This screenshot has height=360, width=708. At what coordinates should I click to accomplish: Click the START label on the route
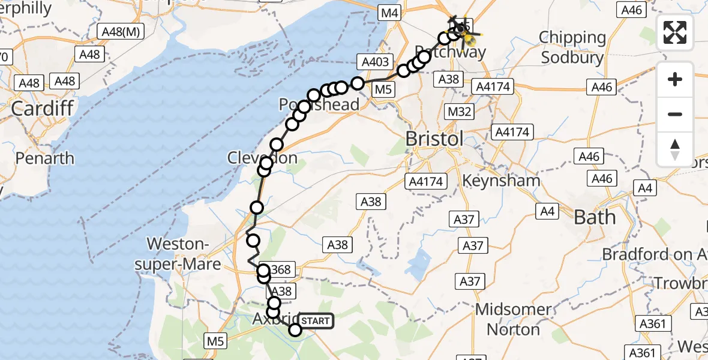tap(315, 321)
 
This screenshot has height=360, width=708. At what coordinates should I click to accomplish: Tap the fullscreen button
tap(675, 32)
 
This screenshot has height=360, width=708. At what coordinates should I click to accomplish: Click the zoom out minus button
tap(675, 114)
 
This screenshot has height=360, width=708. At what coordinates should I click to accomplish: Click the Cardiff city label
tap(42, 109)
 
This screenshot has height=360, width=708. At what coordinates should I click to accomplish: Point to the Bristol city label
tap(434, 139)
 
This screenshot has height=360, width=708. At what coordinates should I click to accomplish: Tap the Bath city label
tap(594, 217)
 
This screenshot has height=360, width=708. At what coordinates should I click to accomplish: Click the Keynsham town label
tap(502, 180)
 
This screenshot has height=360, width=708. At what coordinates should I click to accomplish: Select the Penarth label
tap(45, 158)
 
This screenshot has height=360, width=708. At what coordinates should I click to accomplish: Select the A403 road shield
tap(375, 61)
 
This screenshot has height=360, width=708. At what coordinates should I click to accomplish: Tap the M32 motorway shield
tap(460, 112)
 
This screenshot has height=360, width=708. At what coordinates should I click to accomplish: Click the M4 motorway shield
tap(389, 13)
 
